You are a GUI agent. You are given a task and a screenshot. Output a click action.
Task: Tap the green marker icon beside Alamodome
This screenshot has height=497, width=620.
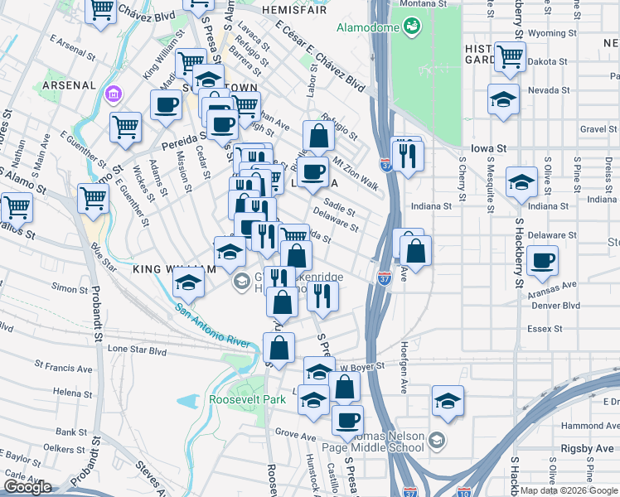(x=410, y=27)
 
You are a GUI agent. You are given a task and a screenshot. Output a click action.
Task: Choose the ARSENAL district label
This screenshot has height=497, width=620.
(x=67, y=84)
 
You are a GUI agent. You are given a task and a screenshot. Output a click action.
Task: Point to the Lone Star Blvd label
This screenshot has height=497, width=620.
(x=136, y=350)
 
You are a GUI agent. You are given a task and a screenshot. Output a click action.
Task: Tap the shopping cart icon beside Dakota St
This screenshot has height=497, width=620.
(x=510, y=57)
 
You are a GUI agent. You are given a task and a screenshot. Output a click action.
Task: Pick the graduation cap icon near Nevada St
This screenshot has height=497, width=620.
(x=503, y=99)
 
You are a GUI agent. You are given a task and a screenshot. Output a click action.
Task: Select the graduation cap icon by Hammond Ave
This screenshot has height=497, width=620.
(x=448, y=401)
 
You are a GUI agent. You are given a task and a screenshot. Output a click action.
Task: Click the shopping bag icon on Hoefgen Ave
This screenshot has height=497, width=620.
(x=416, y=250)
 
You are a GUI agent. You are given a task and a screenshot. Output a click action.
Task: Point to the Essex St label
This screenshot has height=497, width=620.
(x=545, y=328)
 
